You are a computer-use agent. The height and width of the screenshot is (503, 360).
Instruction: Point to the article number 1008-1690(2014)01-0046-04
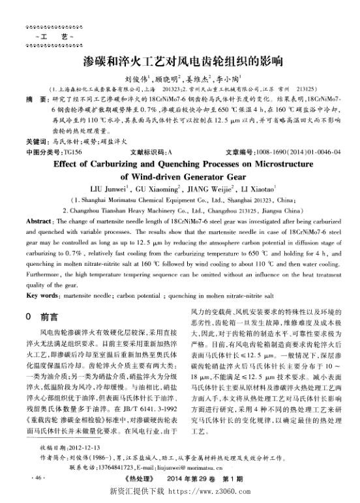coord(297,151)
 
